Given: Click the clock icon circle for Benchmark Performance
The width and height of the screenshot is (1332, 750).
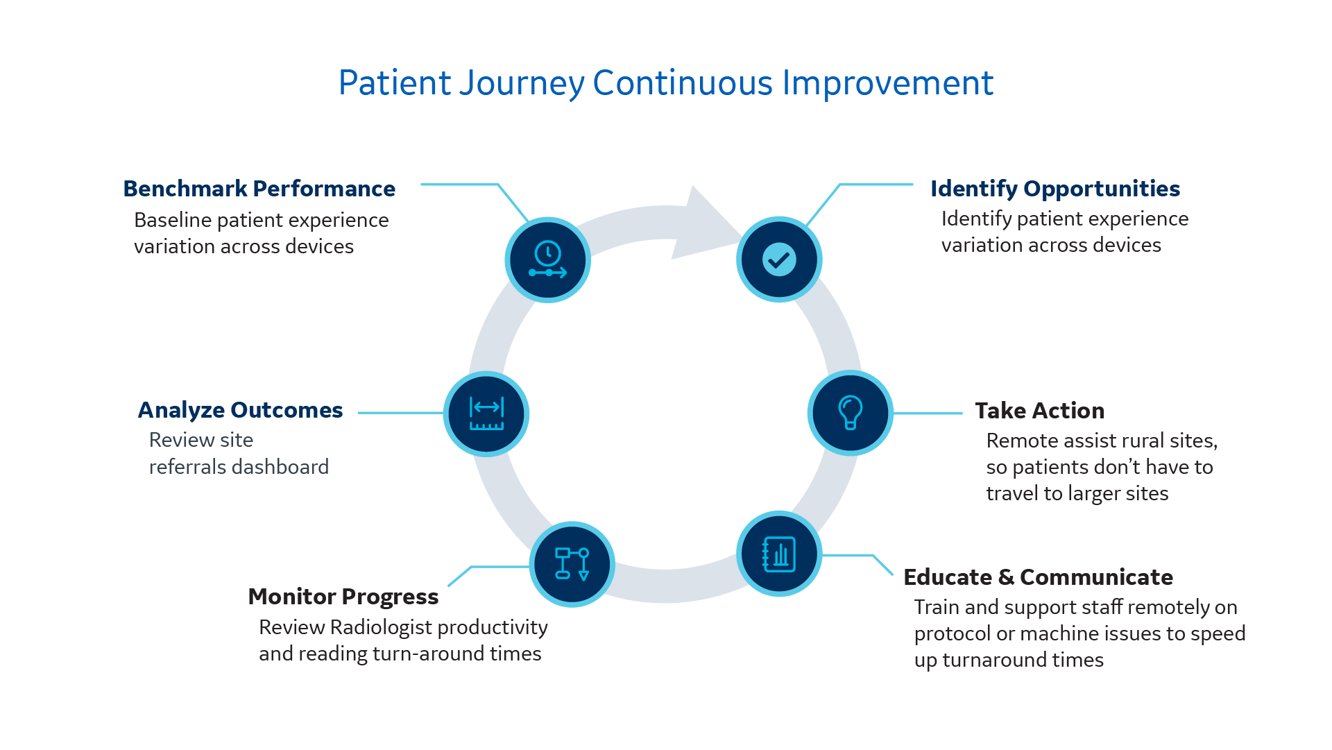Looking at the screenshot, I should [547, 260].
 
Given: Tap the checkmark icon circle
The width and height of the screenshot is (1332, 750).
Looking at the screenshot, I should [779, 259].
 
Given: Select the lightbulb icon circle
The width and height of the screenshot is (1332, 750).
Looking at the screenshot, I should [850, 413].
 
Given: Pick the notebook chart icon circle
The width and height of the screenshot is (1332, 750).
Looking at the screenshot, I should [779, 554].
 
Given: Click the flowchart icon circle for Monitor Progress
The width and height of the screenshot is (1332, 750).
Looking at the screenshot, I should [572, 564].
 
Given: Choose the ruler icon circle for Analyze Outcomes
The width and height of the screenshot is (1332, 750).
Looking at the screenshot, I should [486, 414].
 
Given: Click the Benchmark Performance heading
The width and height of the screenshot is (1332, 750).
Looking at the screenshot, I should [259, 189].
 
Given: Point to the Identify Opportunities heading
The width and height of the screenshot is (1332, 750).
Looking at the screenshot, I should [1054, 189].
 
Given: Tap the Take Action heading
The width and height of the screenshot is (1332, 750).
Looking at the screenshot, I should [1039, 411].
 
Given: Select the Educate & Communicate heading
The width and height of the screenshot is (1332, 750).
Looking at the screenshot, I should [1038, 577].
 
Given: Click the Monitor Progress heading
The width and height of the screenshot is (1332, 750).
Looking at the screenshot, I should [343, 597].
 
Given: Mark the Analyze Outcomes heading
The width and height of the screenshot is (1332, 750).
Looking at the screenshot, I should [240, 410].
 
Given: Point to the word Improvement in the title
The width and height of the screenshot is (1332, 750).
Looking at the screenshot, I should [888, 83].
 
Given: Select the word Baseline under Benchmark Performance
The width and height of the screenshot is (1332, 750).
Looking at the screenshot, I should [173, 220].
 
